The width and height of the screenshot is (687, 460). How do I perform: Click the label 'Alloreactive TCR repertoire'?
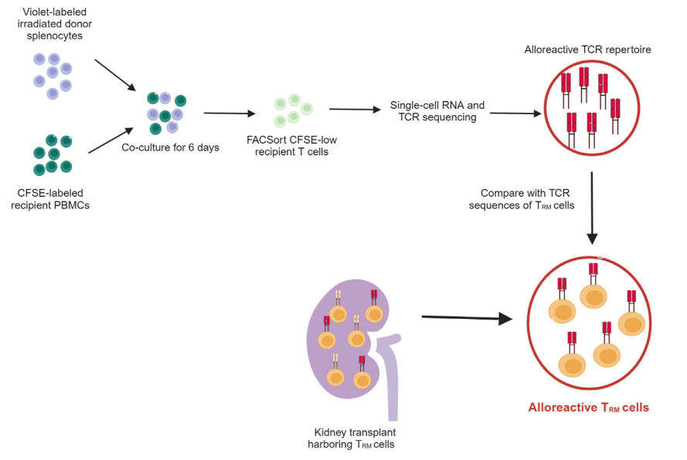tap(587, 49)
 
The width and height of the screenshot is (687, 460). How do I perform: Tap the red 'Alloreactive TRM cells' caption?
tap(588, 408)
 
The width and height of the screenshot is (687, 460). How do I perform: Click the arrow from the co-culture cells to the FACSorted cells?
tap(230, 113)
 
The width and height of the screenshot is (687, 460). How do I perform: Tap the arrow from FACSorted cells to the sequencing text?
tap(356, 110)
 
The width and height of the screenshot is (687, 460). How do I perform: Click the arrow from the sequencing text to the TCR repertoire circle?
tap(515, 113)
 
